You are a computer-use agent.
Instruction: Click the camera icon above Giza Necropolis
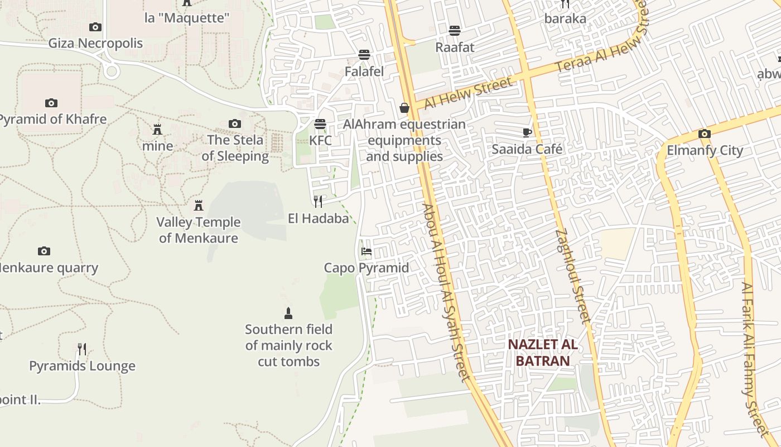[95, 27]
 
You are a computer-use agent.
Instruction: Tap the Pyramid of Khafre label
[52, 119]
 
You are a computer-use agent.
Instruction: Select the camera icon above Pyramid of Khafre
[51, 103]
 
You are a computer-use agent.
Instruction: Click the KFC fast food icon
[320, 123]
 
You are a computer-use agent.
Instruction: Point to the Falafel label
[364, 72]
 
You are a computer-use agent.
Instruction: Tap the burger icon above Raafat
[455, 31]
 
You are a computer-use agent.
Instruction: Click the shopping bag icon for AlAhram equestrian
[404, 108]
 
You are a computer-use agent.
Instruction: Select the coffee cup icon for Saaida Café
[527, 132]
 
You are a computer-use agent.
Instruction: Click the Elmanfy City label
[705, 150]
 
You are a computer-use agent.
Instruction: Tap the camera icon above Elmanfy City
[705, 134]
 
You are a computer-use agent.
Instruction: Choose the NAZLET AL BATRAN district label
[543, 353]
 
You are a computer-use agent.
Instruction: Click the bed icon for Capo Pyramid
[367, 251]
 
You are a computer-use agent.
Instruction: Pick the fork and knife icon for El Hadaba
[318, 202]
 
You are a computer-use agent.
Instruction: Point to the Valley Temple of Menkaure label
[199, 230]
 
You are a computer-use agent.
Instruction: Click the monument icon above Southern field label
[288, 313]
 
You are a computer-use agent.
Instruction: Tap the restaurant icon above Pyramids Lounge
[82, 349]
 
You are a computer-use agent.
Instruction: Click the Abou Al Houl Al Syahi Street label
[446, 292]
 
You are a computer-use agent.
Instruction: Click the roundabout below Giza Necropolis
[112, 71]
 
